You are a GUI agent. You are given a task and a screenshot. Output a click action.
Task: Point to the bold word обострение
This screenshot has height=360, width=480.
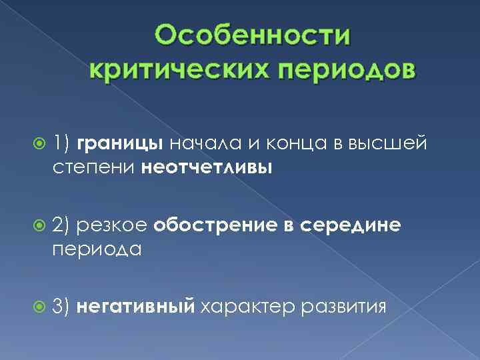click(216, 227)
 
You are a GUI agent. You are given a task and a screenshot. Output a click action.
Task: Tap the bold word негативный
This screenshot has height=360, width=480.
click(136, 307)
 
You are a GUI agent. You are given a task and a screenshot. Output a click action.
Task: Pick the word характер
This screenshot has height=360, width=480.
click(248, 307)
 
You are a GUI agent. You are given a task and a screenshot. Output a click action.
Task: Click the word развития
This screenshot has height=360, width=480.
click(344, 307)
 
